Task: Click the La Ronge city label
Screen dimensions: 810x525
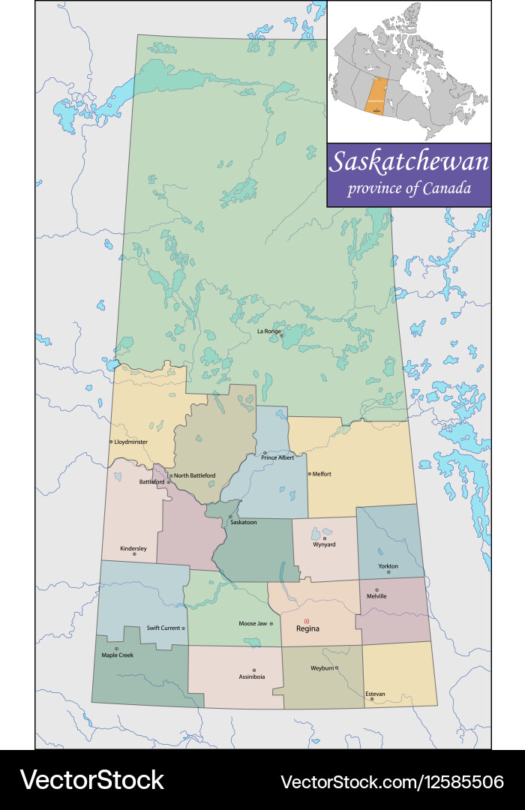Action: coord(268,331)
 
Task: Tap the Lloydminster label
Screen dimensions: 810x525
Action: coord(131,442)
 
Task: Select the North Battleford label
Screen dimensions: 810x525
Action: coord(194,475)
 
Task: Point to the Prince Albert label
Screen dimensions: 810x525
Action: coord(277,457)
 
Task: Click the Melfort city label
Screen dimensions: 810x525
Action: coord(322,474)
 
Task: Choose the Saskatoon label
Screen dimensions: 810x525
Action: coord(244,521)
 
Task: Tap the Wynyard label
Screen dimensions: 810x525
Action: coord(324,544)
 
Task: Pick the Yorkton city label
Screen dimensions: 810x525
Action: coord(388,565)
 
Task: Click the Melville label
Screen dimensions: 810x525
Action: coord(376,596)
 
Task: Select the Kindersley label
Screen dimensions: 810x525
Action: coord(133,549)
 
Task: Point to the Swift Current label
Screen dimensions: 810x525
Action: coord(163,628)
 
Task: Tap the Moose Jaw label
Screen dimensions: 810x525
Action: coord(251,623)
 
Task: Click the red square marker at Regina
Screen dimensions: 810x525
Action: coord(307,621)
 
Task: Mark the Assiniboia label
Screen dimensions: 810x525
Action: coord(254,676)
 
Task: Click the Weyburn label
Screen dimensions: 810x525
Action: coord(322,667)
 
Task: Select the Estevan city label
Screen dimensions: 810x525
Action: coord(375,694)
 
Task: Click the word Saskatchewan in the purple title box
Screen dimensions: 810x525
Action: coord(409,162)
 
